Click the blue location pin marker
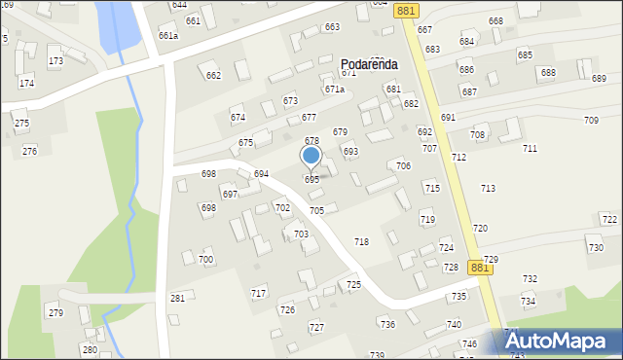coord(311,157)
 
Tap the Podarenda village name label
coord(369,63)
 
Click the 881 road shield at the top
coord(407,11)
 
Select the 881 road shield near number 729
coord(479,267)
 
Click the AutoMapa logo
coord(563,342)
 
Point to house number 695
coord(311,180)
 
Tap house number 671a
coord(335,89)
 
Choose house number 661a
coord(168,36)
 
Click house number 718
coord(361,241)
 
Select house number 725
coord(353,284)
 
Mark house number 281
coord(177,298)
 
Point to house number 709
coord(591,120)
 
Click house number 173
coord(55,61)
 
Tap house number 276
coord(30,151)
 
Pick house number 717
coord(258,293)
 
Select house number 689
coord(599,79)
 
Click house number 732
coord(530,279)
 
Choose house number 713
coord(488,189)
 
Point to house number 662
coord(213,76)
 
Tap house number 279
coord(55,312)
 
